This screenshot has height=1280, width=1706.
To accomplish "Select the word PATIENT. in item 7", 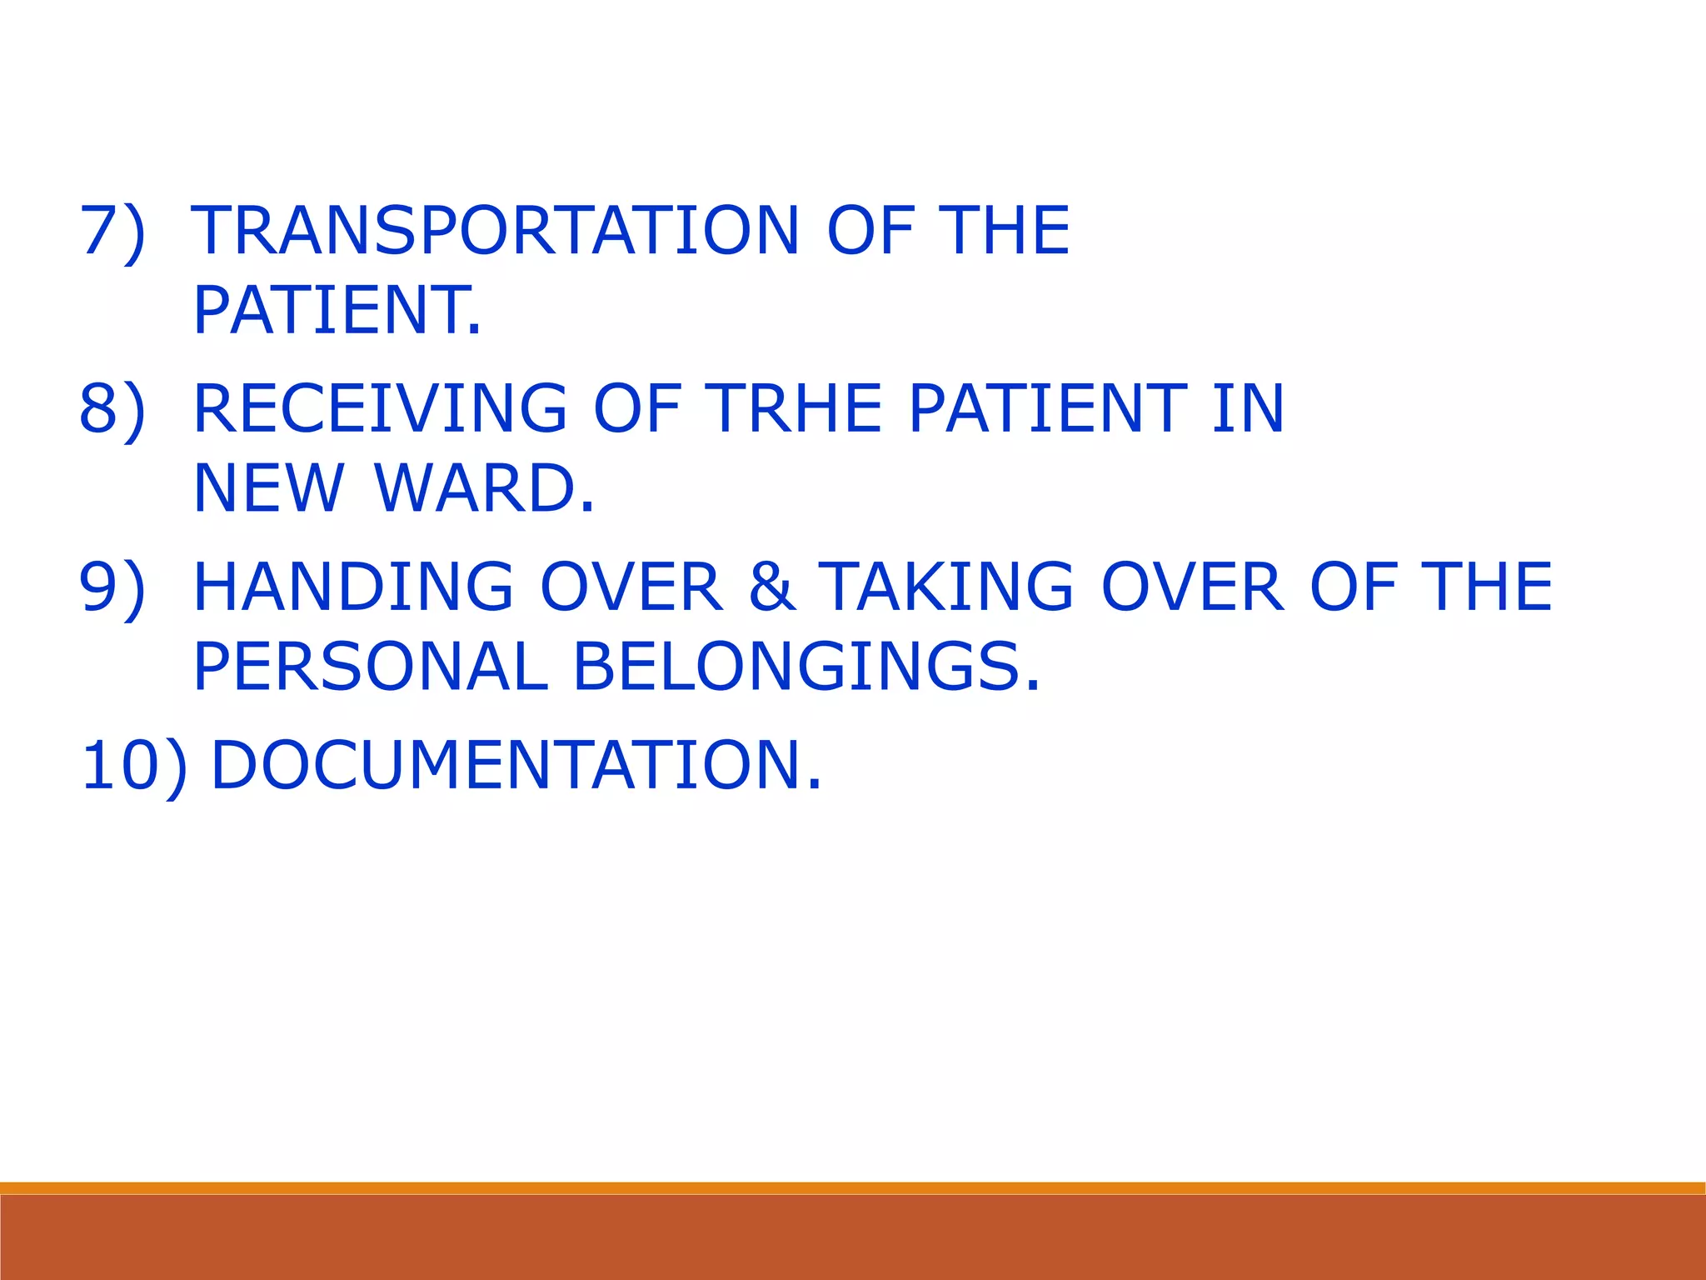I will point(337,310).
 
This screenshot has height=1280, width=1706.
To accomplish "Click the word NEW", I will point(268,488).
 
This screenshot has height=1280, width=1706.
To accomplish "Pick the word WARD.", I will point(485,488).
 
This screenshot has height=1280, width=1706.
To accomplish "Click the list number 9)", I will point(112,587).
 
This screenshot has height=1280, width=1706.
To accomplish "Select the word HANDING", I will point(353,587).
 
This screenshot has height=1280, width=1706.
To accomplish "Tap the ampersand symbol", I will point(772,587).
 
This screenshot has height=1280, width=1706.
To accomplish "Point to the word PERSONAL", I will point(370,667).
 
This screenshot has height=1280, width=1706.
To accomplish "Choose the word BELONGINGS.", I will point(806,667).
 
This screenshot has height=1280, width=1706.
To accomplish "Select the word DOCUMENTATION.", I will point(516,765).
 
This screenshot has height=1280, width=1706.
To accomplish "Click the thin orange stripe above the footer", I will point(853,1187).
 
